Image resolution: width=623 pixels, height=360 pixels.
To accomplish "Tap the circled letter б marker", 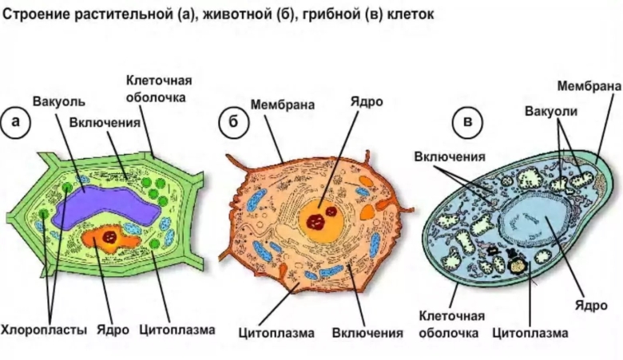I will click(x=232, y=123).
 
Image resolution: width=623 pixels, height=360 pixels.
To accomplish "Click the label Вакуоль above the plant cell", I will click(x=58, y=102).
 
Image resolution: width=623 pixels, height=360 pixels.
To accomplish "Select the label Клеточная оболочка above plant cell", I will click(x=157, y=89).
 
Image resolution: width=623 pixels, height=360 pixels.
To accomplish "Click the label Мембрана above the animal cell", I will click(x=282, y=105).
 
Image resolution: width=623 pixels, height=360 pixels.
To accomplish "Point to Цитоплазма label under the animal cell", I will click(x=277, y=331).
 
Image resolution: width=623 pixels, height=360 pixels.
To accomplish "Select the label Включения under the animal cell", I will click(x=367, y=331).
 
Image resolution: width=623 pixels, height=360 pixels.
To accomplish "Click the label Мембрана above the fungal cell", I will click(x=589, y=85).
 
